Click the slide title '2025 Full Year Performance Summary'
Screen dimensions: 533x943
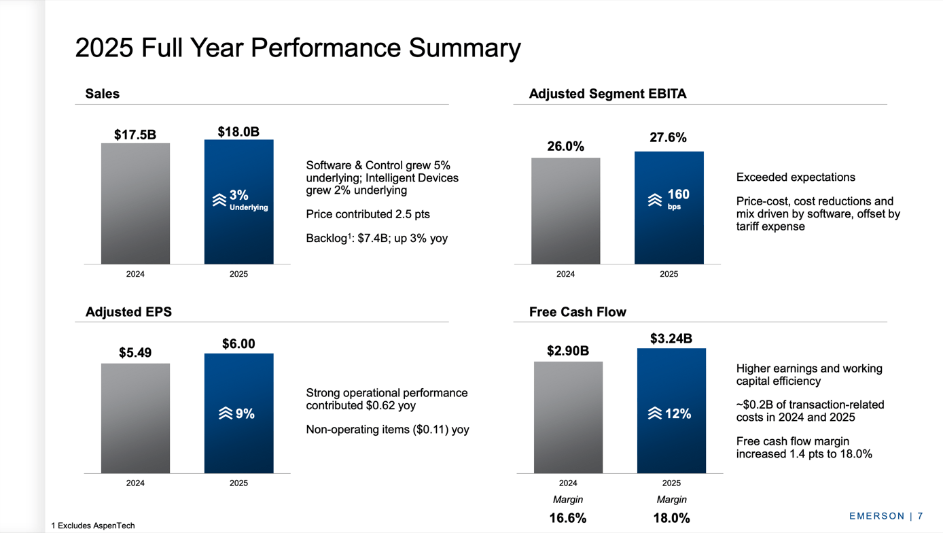pos(298,48)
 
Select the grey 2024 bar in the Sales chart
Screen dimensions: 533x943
pos(135,203)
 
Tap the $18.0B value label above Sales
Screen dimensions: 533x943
pos(238,132)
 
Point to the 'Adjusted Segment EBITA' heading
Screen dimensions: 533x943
pos(607,94)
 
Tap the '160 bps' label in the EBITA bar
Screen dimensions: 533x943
pos(670,199)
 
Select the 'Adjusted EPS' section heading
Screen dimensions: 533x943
pos(128,312)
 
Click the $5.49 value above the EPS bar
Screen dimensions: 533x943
pos(135,353)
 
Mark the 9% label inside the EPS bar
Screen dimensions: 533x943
pos(237,413)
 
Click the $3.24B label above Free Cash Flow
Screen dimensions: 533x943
pos(671,339)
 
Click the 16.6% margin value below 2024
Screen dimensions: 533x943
pos(567,518)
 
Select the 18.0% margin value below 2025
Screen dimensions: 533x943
pos(671,518)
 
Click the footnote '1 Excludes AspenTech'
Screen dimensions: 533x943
pos(93,526)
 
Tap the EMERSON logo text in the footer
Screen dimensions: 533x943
pos(877,516)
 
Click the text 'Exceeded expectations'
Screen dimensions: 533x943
pos(795,177)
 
